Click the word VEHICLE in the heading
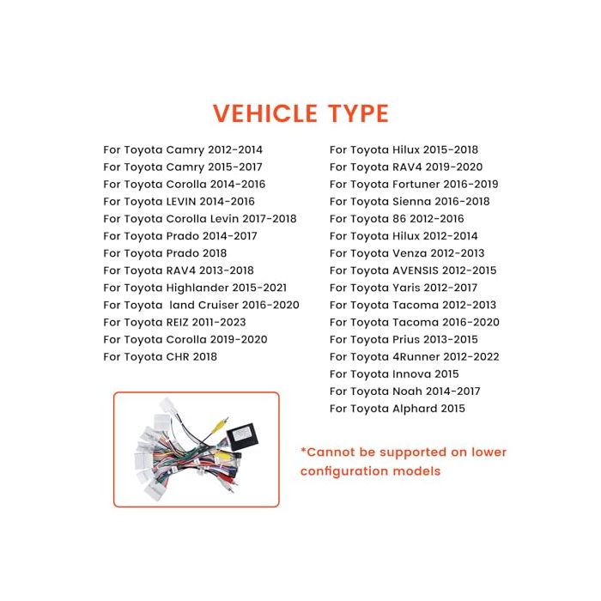point(264,113)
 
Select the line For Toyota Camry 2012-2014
point(183,150)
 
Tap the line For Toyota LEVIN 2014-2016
point(179,202)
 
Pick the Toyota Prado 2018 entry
point(165,253)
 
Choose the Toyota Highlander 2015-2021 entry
point(195,288)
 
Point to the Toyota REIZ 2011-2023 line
point(175,322)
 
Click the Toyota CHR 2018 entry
point(161,357)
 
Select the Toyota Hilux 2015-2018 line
point(404,150)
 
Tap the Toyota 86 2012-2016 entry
point(397,219)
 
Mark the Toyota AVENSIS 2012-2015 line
point(413,270)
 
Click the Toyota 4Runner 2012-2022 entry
point(415,357)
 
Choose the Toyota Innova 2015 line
point(394,374)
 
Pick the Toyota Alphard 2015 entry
point(397,409)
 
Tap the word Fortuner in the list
point(416,185)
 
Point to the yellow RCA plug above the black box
point(221,425)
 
